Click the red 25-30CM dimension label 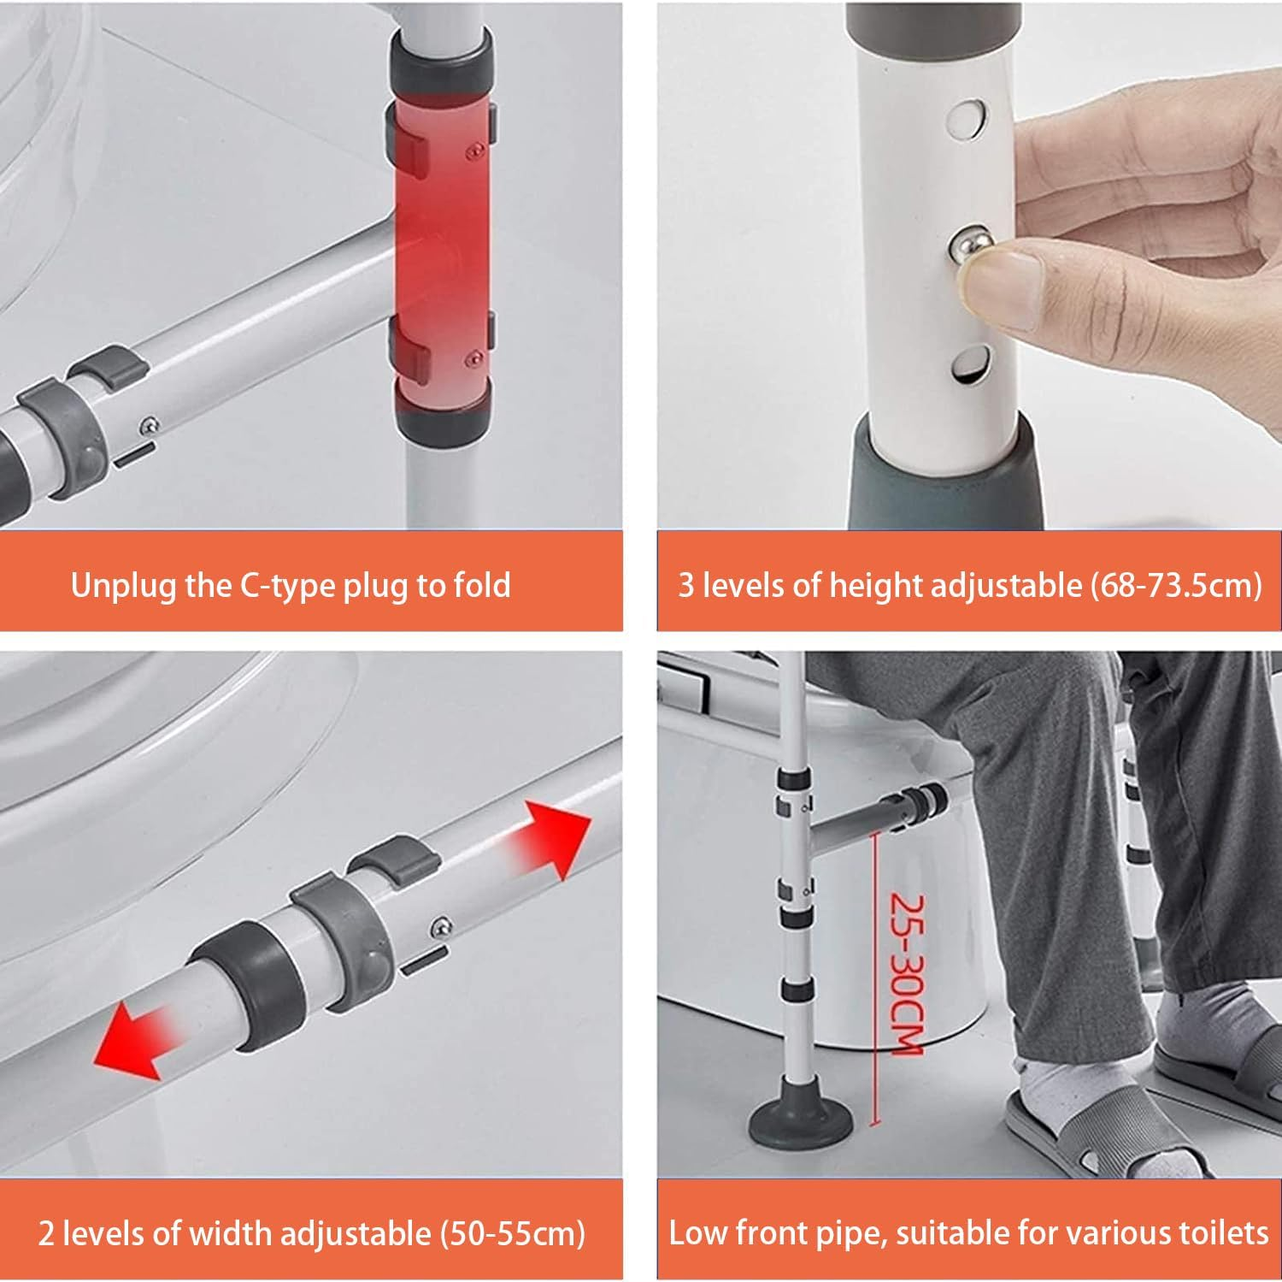(906, 975)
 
